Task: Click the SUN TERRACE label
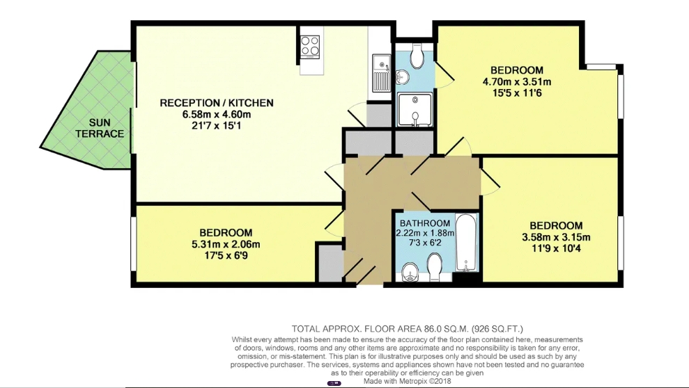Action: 100,128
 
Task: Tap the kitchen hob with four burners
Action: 310,46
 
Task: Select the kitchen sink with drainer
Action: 380,73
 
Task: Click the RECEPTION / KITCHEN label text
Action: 217,103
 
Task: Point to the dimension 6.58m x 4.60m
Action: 217,115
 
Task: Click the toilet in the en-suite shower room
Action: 416,56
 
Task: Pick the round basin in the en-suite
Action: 402,77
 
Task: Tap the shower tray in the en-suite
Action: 415,110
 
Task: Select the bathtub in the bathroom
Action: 466,243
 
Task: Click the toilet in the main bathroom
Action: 435,268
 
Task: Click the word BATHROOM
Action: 425,223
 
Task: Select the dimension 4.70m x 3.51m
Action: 517,81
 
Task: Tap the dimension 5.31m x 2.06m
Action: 226,244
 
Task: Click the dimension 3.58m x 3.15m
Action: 556,237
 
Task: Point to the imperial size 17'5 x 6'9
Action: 226,255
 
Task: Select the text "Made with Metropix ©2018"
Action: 407,381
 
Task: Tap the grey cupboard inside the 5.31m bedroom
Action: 330,263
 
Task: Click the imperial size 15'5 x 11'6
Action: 517,92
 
